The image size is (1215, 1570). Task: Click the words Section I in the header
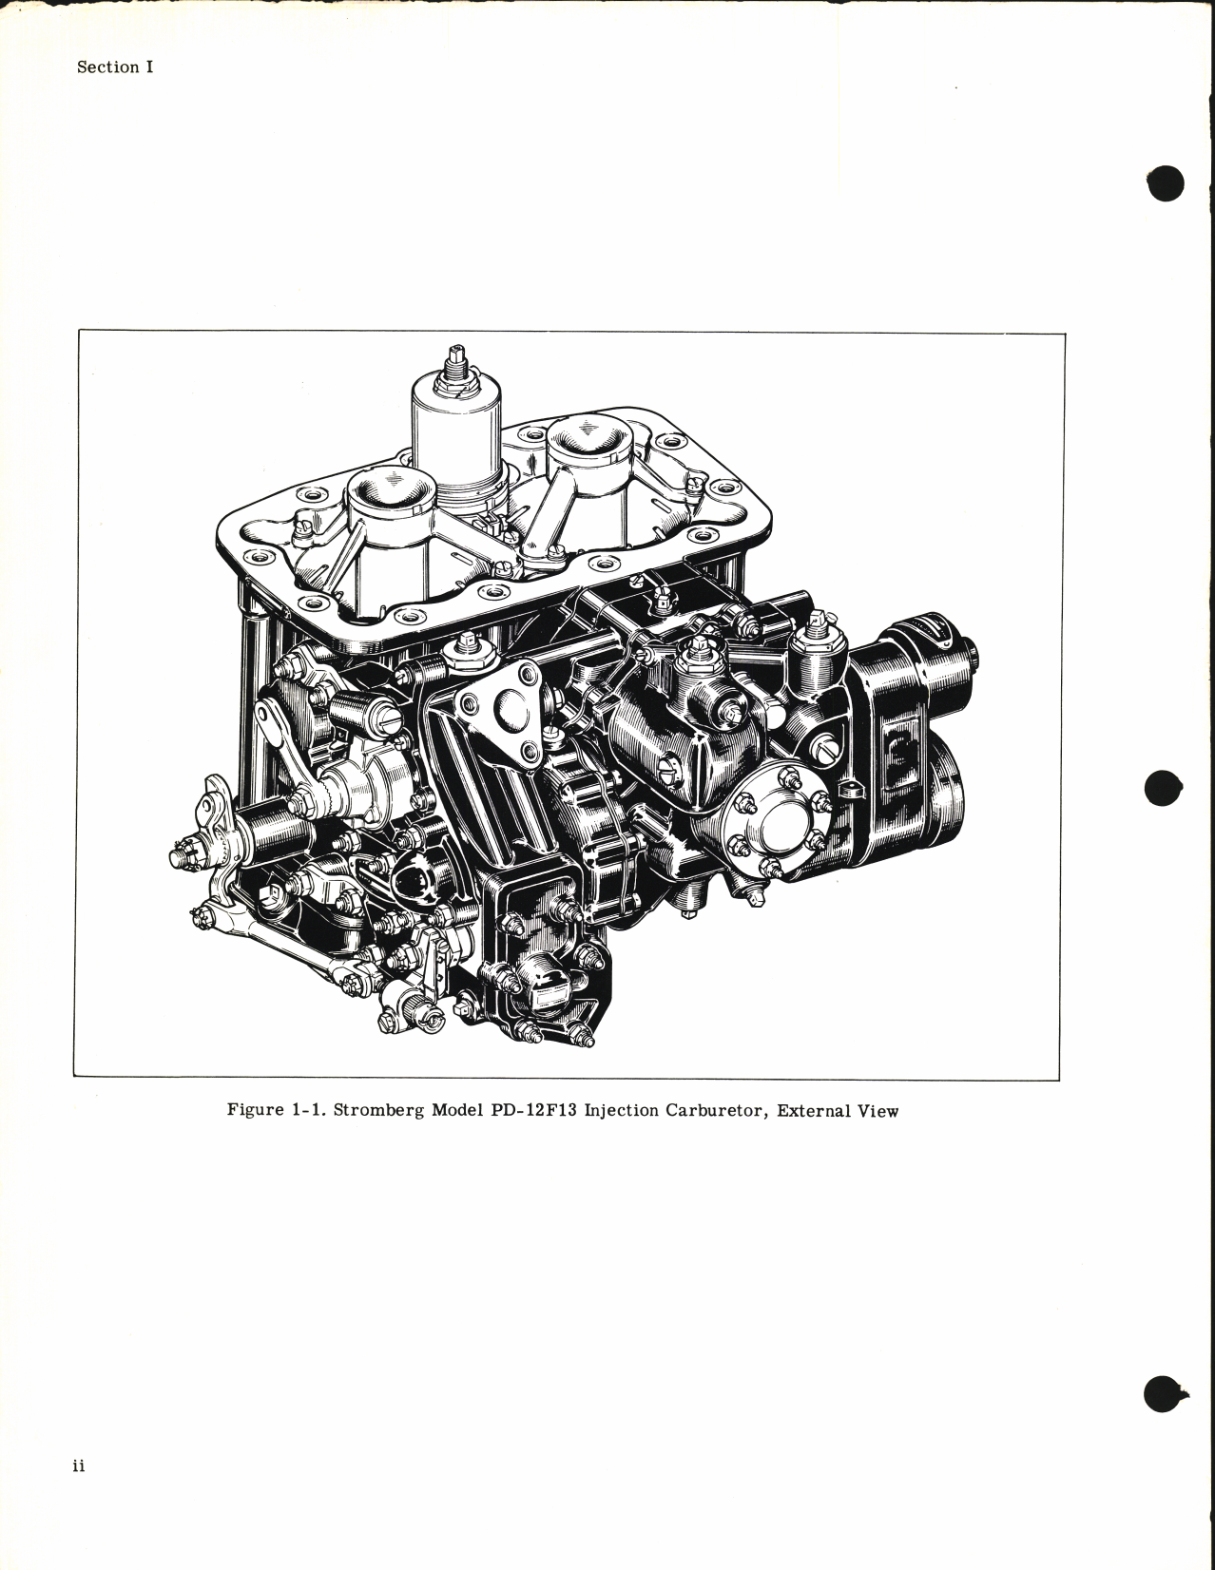pos(114,67)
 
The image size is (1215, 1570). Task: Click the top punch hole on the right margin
pos(1166,183)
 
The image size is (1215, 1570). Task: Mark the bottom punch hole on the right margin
pos(1165,1393)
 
